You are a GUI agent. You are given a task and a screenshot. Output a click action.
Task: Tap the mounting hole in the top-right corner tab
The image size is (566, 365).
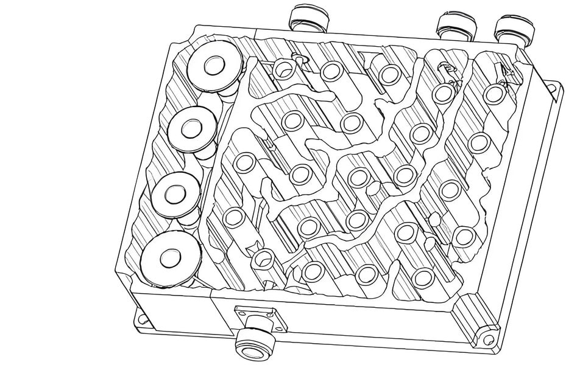[x=552, y=88]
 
